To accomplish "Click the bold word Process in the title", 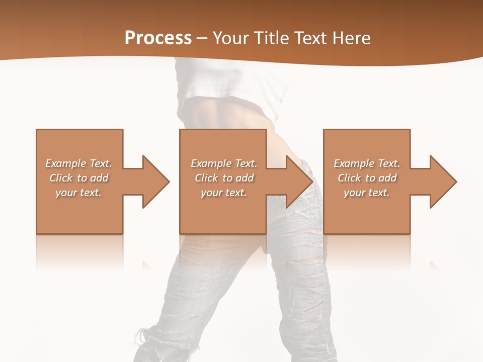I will click(158, 38).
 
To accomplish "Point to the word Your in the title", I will click(232, 38).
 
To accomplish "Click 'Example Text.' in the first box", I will click(78, 163).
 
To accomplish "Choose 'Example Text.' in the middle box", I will click(224, 163).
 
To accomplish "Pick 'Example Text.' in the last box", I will click(367, 163).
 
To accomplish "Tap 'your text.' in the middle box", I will click(223, 193).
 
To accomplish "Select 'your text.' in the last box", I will click(366, 193).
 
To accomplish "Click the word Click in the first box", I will click(61, 178).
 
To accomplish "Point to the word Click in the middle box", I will click(206, 178).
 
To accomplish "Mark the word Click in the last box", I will click(349, 178).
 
